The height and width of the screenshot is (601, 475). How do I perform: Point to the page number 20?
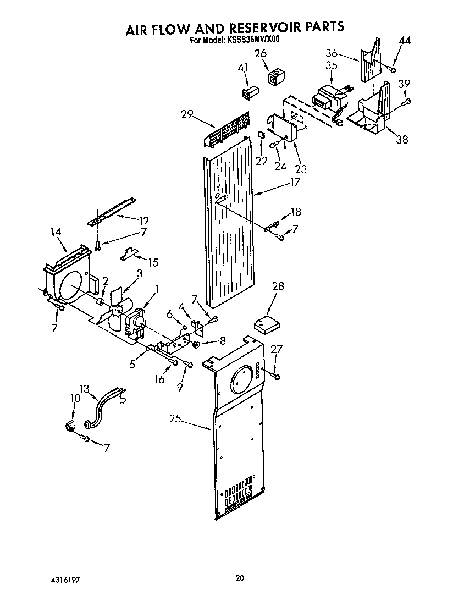(x=239, y=578)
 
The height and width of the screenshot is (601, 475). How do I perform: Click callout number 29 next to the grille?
(x=186, y=114)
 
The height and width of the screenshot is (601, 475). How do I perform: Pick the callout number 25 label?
(x=175, y=420)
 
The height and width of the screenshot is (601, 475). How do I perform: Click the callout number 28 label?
(x=278, y=286)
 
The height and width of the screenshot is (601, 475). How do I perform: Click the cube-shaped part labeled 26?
(x=273, y=76)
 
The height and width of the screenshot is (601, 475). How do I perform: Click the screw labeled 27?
(x=275, y=376)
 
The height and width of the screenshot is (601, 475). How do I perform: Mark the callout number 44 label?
(x=404, y=41)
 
